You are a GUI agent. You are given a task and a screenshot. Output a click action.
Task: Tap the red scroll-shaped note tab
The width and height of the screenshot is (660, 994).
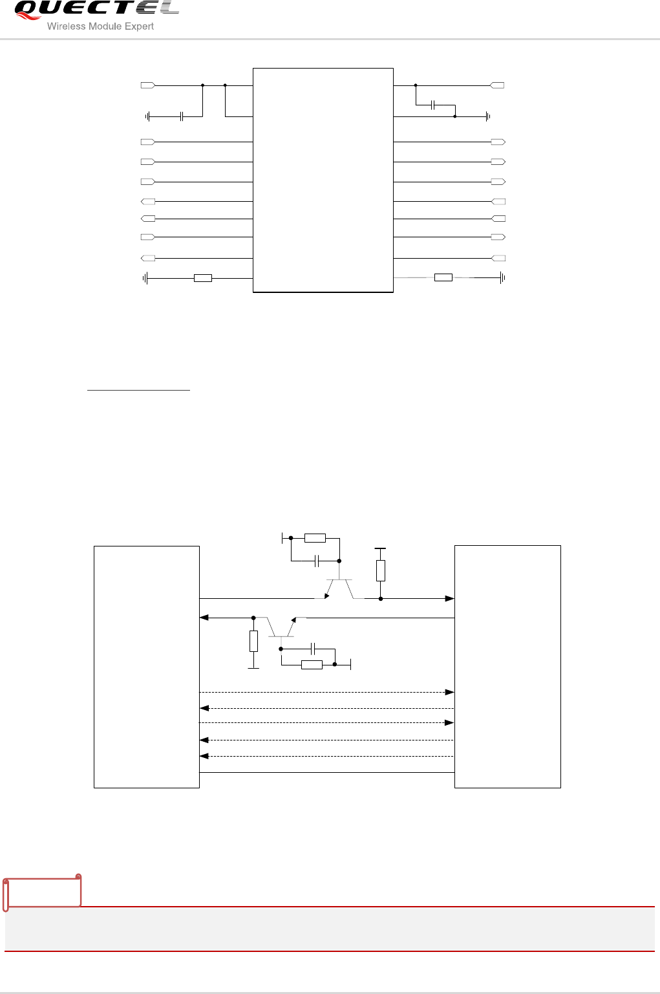point(42,892)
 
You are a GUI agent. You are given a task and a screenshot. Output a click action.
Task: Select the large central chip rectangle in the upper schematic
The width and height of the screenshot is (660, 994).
point(323,180)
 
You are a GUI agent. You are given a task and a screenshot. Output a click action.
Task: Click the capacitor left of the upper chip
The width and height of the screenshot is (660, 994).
point(182,116)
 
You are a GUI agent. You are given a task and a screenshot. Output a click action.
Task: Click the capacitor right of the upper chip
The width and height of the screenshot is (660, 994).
point(433,105)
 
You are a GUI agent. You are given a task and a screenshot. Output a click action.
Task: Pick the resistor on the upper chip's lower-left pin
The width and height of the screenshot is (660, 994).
point(203,278)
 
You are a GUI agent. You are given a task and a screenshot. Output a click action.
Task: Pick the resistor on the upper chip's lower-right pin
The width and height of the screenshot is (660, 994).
point(443,277)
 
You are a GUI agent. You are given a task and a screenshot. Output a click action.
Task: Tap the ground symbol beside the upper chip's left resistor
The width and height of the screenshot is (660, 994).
point(145,278)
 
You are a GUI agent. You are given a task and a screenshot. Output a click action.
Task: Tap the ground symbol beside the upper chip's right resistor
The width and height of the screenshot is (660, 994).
point(502,278)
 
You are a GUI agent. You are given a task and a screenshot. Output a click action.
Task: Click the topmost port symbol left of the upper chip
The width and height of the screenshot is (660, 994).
point(147,85)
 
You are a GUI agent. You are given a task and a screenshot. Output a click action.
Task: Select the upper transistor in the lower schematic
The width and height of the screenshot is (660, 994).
point(339,589)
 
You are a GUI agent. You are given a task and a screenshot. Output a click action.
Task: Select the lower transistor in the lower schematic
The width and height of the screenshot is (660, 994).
point(281,627)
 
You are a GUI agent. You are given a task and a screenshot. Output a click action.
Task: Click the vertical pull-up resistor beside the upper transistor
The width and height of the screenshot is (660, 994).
point(381,570)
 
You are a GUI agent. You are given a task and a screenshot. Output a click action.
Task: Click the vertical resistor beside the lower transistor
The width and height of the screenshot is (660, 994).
point(253,642)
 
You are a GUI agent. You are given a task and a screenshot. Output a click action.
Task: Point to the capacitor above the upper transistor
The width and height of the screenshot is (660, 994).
point(317,561)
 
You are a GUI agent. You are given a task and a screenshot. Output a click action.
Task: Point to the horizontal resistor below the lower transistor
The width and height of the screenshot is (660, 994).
point(312,665)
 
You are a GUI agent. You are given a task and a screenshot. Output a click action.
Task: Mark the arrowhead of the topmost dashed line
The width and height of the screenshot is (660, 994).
point(449,692)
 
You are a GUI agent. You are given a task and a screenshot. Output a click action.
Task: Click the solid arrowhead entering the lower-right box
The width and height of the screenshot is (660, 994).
point(449,599)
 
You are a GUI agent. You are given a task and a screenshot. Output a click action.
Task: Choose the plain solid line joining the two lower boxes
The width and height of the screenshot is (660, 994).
point(327,773)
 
